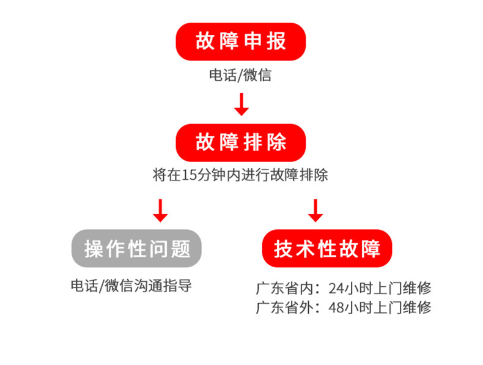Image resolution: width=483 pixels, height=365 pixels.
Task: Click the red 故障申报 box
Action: tap(241, 42)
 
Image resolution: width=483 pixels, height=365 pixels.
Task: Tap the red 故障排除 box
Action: tap(241, 142)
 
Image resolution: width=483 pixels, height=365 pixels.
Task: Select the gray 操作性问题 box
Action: tap(137, 248)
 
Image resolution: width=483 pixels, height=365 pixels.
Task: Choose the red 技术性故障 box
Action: tap(327, 248)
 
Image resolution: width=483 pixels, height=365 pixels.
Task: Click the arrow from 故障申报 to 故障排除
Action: tap(242, 104)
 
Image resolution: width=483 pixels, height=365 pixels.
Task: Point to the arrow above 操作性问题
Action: tap(160, 210)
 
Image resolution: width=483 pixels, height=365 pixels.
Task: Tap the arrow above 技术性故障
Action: tap(315, 210)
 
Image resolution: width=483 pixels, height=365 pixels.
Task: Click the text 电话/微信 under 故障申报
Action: tap(240, 76)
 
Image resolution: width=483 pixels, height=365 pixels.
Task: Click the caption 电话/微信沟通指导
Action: tap(131, 286)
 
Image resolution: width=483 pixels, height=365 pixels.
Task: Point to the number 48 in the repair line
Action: tap(335, 306)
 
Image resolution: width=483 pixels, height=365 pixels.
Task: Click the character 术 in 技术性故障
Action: tap(306, 249)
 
